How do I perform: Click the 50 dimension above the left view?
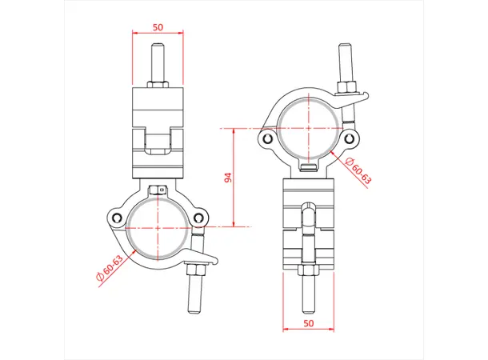pos(158,27)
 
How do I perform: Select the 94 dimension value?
pos(227,178)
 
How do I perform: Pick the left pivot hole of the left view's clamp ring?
pos(118,218)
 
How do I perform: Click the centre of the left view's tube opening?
pos(158,227)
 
